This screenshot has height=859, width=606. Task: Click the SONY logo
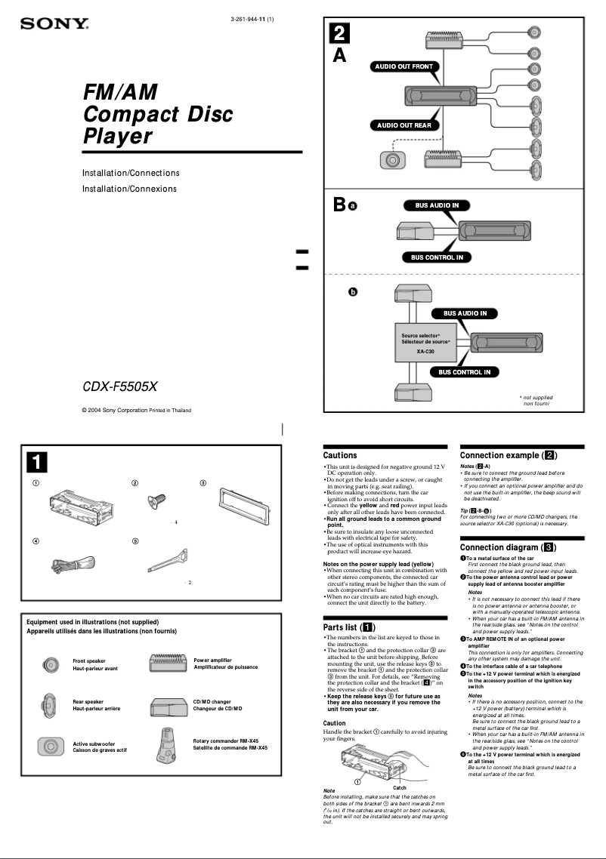[x=54, y=24]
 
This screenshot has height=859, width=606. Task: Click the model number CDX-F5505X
[x=119, y=386]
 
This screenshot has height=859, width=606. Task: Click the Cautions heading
[x=340, y=455]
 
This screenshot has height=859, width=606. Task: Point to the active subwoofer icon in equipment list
[x=50, y=747]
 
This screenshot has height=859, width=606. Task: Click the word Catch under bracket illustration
[x=400, y=787]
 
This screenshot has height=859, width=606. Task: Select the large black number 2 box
[x=339, y=33]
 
